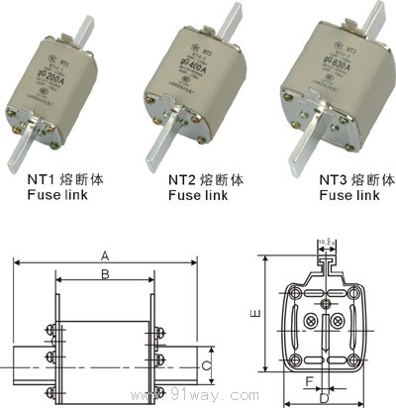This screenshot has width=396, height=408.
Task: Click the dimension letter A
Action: coord(104,255)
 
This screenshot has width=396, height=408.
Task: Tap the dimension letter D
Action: coord(325,398)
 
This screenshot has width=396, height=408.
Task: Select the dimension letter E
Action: coord(255,313)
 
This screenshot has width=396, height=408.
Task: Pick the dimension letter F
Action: coord(309,378)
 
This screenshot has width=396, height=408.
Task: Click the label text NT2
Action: coord(183,181)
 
